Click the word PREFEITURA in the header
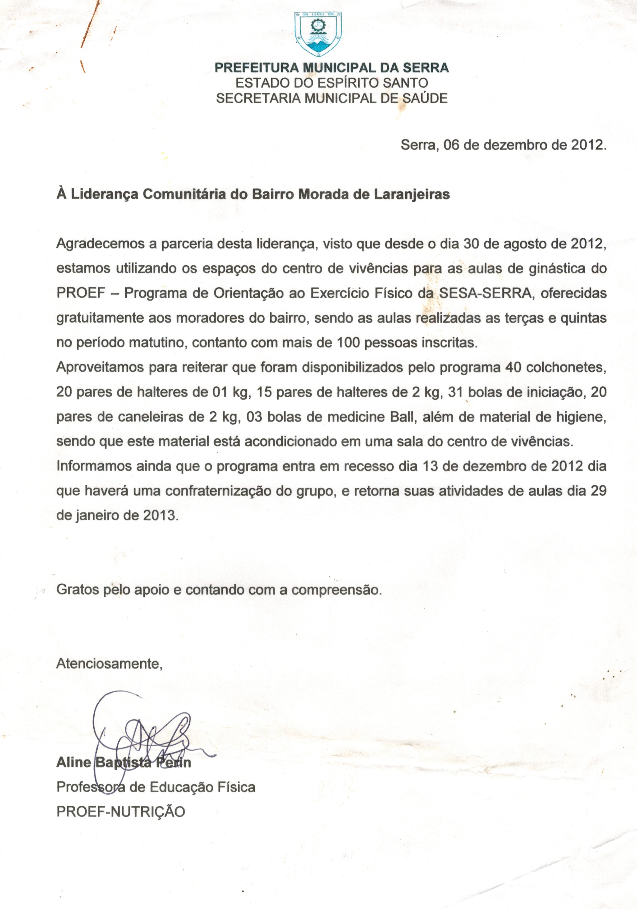[257, 68]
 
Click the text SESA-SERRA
[486, 293]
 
